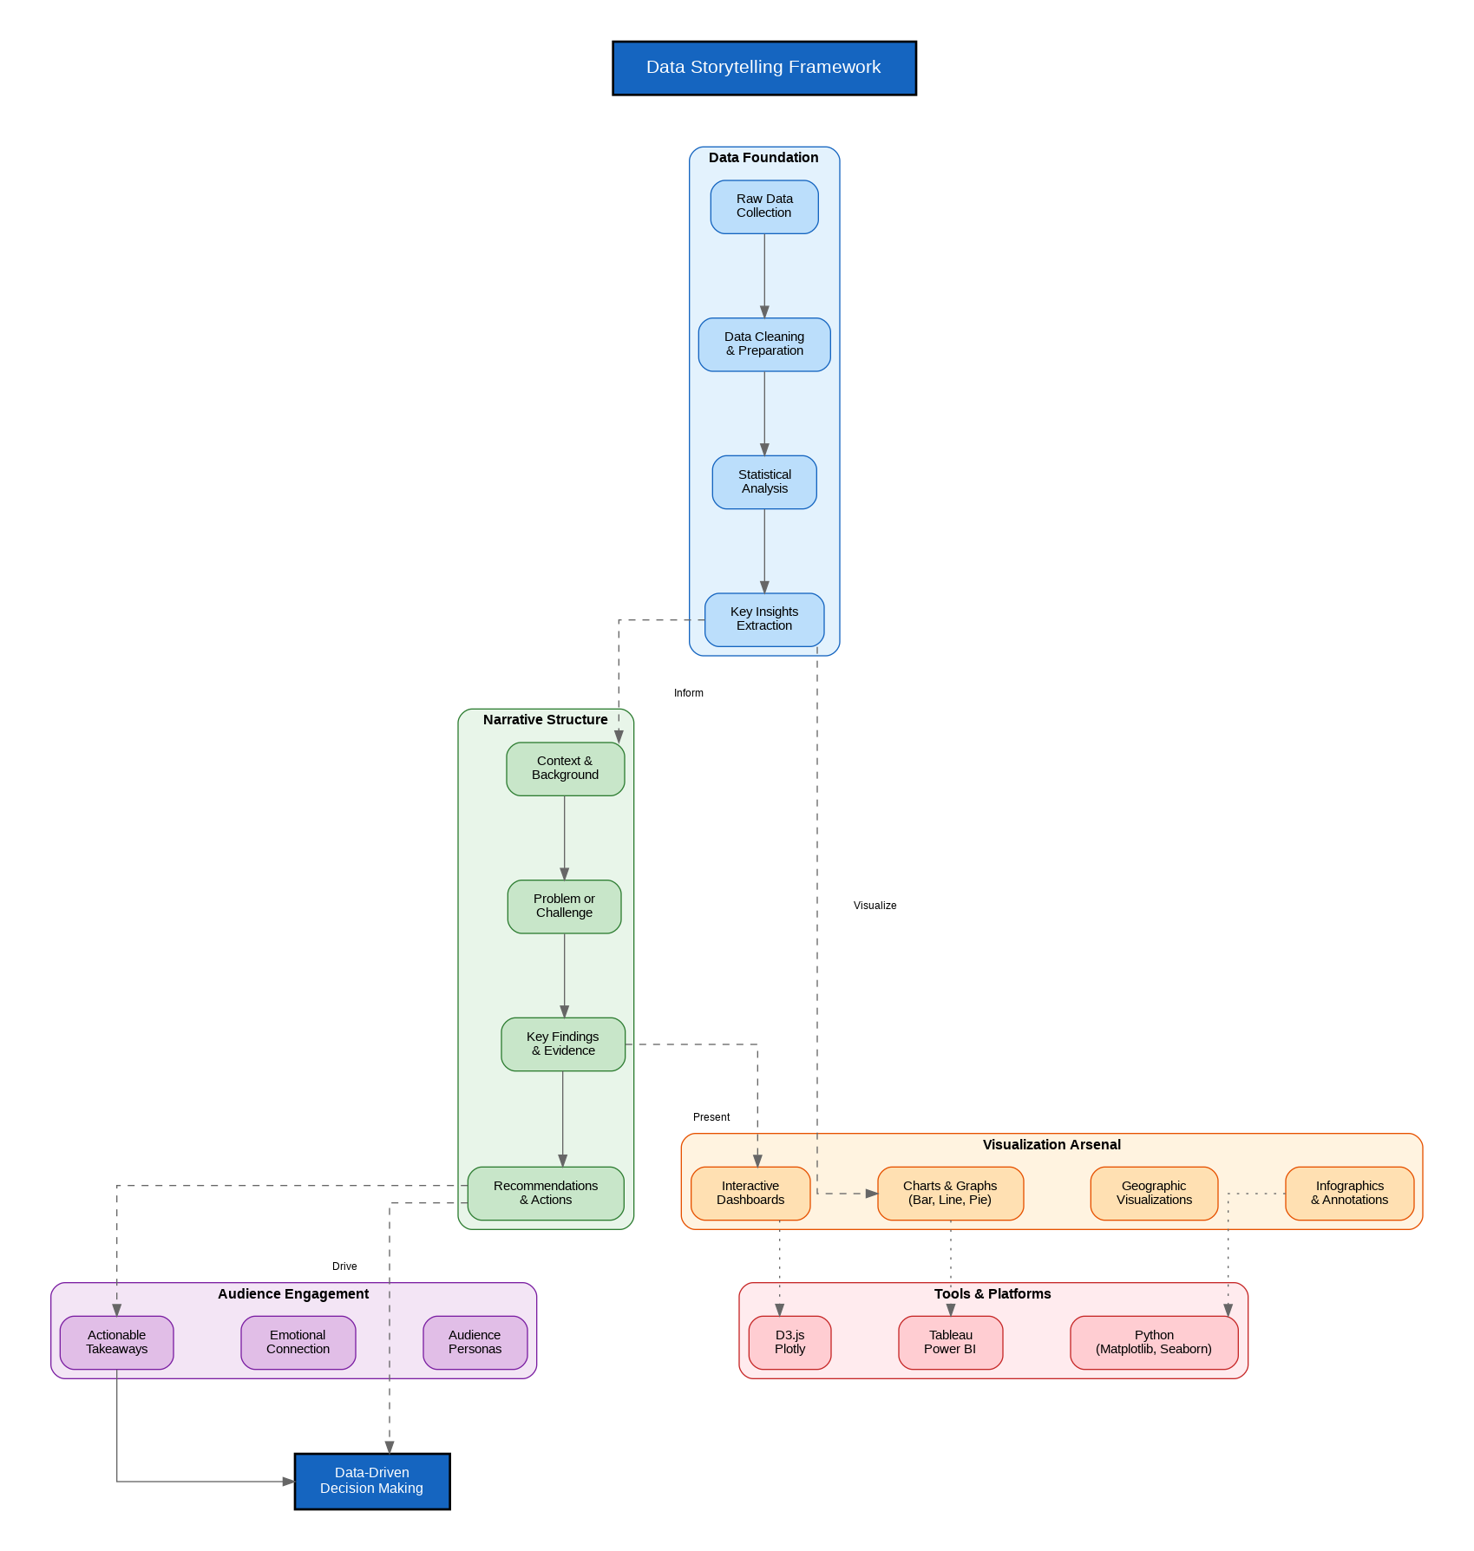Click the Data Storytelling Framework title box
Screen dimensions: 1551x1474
click(x=763, y=68)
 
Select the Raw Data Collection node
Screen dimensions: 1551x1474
click(x=764, y=206)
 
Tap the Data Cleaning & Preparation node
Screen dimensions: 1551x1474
click(x=764, y=344)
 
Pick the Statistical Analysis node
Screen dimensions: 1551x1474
click(x=764, y=482)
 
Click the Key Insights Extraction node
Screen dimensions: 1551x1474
click(x=764, y=619)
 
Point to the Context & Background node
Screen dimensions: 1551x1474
click(x=565, y=769)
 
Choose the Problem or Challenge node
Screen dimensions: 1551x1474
click(x=564, y=906)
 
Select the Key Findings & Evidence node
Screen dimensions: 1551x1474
click(x=563, y=1044)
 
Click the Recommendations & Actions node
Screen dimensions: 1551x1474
click(x=546, y=1193)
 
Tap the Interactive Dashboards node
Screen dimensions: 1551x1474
click(x=750, y=1193)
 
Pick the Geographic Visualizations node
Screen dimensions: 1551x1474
click(x=1154, y=1193)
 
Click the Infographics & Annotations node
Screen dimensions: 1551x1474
click(x=1349, y=1193)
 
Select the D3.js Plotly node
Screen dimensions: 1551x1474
click(x=789, y=1342)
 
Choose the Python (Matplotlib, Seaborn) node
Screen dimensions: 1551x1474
click(x=1154, y=1342)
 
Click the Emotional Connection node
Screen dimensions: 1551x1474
click(x=298, y=1342)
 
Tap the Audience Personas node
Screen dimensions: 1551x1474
click(x=475, y=1342)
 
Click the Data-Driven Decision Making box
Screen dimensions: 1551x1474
click(x=372, y=1481)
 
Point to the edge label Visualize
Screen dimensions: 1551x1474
click(x=875, y=906)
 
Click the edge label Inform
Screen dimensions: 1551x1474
click(x=688, y=693)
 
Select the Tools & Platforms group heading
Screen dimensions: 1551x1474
click(x=992, y=1293)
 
